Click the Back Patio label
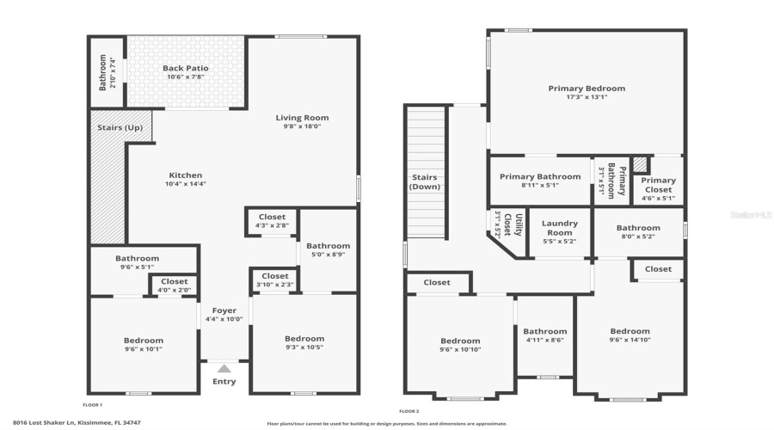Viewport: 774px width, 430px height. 186,68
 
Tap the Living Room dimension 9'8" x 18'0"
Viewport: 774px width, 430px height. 302,126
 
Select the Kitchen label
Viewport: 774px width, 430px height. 186,175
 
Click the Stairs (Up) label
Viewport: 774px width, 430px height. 121,128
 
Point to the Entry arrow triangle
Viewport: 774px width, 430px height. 224,368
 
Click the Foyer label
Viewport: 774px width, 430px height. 224,310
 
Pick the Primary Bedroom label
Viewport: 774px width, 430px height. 587,88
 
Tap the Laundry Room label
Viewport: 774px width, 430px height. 559,228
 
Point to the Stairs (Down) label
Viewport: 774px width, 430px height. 425,181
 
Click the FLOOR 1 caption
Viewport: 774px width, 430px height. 92,404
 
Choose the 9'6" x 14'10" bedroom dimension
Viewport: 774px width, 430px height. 630,341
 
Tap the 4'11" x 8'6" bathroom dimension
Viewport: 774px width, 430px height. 545,341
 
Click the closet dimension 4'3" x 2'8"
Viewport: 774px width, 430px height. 272,226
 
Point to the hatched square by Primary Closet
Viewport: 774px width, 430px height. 640,163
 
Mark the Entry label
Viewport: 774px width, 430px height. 224,382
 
